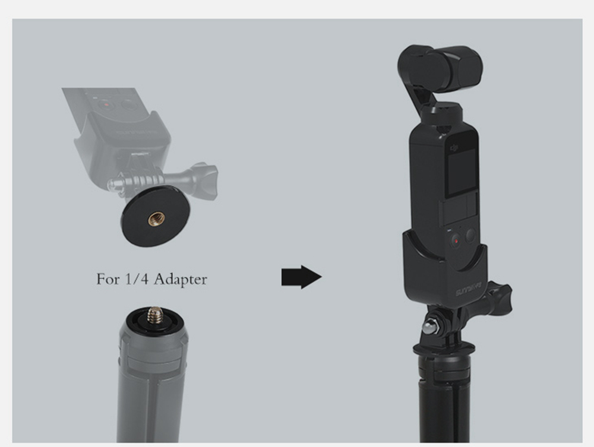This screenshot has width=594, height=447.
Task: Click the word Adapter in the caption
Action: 180,278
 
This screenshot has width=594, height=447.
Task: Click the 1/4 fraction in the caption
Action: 134,278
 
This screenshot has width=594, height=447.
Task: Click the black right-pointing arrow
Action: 301,277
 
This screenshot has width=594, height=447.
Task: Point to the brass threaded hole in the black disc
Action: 153,220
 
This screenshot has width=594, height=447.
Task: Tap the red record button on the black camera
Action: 456,241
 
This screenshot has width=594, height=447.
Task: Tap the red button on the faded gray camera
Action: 106,104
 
